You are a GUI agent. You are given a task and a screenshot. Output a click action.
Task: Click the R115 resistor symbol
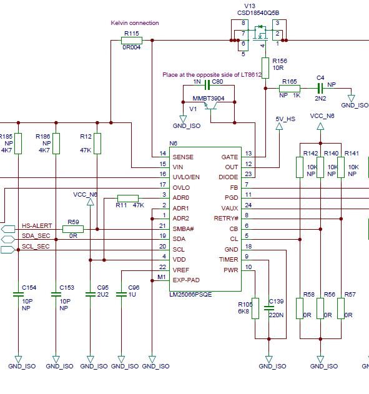pos(132,40)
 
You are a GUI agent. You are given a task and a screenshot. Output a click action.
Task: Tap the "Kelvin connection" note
pos(135,23)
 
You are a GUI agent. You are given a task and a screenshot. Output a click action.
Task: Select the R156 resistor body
pos(265,68)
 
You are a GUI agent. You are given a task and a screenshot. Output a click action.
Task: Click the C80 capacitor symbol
pos(207,85)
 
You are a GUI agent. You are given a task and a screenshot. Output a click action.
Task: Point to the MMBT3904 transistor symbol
pos(210,106)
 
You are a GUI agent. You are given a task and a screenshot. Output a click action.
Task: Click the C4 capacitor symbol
pos(320,89)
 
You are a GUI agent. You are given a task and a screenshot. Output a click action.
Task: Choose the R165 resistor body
pos(290,89)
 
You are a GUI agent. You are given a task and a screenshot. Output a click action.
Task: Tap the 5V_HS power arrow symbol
pos(279,126)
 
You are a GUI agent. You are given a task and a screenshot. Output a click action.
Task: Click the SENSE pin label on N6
pos(183,157)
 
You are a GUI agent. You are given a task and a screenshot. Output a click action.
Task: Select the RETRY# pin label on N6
pos(226,219)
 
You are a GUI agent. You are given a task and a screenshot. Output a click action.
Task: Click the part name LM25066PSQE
pos(190,294)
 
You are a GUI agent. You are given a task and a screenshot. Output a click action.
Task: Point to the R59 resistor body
pos(73,229)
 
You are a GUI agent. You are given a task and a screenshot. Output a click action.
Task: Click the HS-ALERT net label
pos(37,225)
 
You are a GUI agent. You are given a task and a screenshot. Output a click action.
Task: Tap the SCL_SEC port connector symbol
pos(7,250)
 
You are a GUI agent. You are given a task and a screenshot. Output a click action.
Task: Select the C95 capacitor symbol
pos(91,294)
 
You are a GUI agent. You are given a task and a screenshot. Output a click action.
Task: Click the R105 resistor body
pos(255,308)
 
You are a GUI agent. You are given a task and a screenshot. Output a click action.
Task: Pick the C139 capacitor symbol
pos(269,308)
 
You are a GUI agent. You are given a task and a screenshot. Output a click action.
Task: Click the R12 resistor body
pos(97,144)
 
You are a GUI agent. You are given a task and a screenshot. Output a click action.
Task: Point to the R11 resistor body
pos(128,199)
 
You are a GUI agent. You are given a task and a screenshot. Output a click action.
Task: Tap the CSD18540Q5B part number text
pos(258,13)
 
